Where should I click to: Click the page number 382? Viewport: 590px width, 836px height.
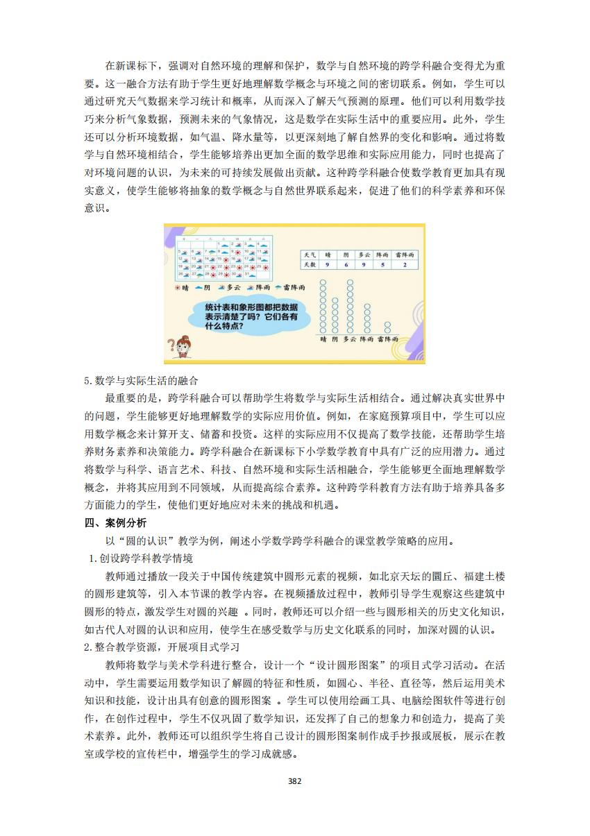294,780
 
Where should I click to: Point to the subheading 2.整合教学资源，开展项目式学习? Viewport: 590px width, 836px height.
160,647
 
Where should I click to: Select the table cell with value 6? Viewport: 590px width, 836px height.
346,264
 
